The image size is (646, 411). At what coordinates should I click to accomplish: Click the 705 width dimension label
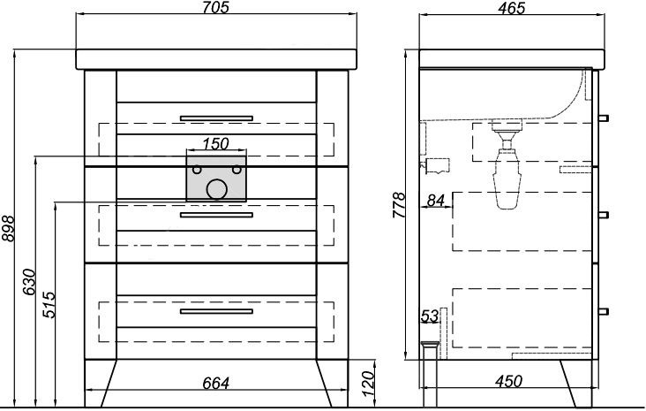click(215, 7)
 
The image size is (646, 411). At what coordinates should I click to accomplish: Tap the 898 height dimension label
click(8, 228)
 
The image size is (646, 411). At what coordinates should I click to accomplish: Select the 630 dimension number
click(29, 282)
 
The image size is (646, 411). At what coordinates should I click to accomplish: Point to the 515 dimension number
click(49, 305)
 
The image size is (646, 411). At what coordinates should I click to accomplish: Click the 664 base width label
click(215, 384)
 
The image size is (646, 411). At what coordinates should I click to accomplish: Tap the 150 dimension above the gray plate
click(215, 143)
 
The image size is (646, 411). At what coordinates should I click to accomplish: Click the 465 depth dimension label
click(511, 8)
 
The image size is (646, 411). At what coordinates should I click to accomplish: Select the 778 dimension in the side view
click(399, 205)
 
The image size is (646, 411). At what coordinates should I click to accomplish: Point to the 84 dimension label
click(435, 200)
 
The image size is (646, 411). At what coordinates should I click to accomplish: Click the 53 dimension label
click(429, 316)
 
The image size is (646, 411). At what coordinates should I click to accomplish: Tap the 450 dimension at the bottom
click(509, 381)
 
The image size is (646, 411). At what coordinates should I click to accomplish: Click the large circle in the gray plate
click(217, 189)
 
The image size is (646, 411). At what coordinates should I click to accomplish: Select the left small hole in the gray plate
click(197, 170)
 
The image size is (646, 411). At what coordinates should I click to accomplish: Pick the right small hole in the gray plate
click(237, 170)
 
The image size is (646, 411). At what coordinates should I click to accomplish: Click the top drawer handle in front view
click(216, 118)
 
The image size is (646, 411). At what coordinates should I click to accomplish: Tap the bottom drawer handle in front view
click(216, 311)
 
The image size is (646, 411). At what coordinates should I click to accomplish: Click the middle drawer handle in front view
click(216, 215)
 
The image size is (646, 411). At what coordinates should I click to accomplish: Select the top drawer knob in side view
click(604, 118)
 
